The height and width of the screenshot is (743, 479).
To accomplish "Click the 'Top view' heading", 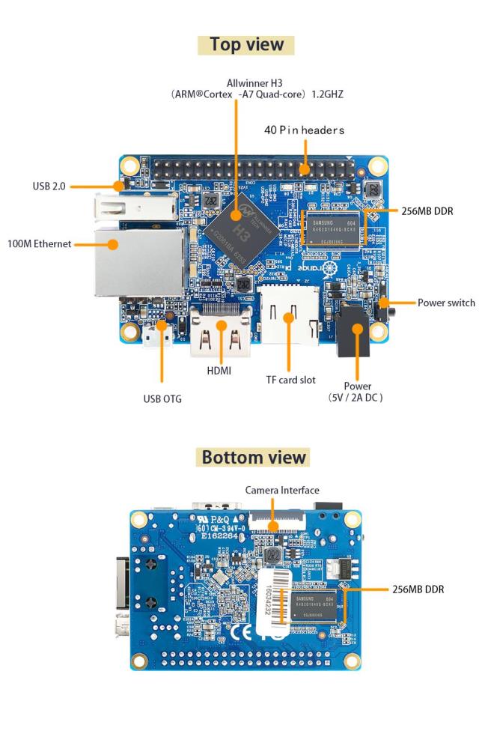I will pyautogui.click(x=246, y=44).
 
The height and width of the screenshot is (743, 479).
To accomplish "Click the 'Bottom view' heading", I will pyautogui.click(x=254, y=457).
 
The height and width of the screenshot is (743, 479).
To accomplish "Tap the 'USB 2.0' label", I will pyautogui.click(x=49, y=186).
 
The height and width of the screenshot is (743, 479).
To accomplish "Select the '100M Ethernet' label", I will pyautogui.click(x=39, y=243).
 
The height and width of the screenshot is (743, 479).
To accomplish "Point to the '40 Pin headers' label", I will pyautogui.click(x=304, y=130).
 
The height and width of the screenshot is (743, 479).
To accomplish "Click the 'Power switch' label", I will pyautogui.click(x=446, y=303).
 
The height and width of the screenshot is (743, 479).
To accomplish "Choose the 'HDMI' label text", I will pyautogui.click(x=219, y=371).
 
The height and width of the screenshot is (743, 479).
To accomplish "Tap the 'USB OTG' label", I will pyautogui.click(x=162, y=398).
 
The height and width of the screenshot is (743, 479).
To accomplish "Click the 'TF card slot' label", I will pyautogui.click(x=291, y=380).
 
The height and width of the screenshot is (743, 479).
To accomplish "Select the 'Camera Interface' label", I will pyautogui.click(x=282, y=491).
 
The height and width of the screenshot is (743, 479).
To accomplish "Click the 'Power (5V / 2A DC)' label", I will pyautogui.click(x=356, y=392).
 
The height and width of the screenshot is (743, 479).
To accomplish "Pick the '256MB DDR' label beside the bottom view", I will pyautogui.click(x=418, y=589).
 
